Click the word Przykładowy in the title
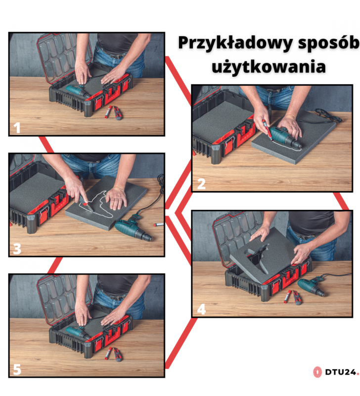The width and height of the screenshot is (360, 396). tap(236, 44)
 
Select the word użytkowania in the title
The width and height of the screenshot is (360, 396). tap(269, 67)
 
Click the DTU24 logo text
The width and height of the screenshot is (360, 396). tap(341, 372)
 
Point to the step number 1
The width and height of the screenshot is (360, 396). tap(17, 128)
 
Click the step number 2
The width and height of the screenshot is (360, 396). tap(201, 184)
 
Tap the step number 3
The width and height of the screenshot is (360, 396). tap(17, 249)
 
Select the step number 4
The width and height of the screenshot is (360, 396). tap(201, 309)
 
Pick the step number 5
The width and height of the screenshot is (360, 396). tap(17, 369)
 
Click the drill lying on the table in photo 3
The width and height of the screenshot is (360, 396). tap(133, 229)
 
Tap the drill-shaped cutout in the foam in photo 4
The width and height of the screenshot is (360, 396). tap(256, 258)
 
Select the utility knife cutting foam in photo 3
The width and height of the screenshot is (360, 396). tap(86, 203)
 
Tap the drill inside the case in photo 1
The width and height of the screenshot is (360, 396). tap(78, 91)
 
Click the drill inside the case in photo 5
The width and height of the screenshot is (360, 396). tap(78, 332)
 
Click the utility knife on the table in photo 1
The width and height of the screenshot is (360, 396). tap(118, 113)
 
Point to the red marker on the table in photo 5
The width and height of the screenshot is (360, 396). tap(108, 353)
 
